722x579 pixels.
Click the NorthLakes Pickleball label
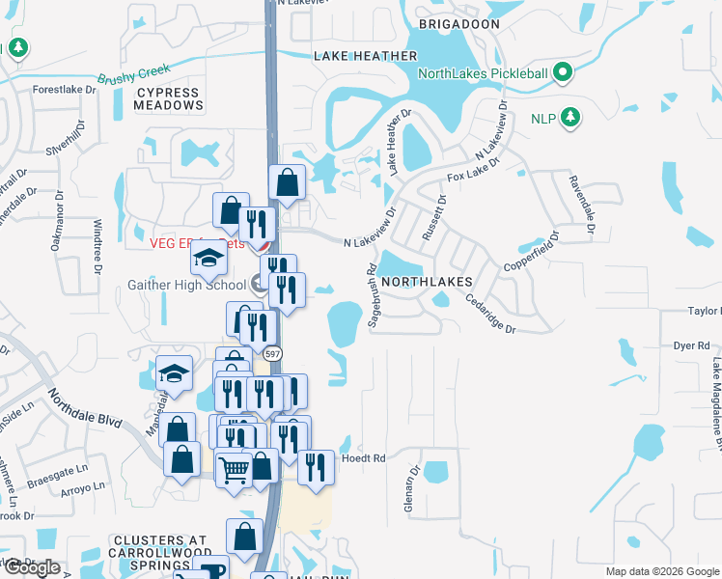(x=482, y=73)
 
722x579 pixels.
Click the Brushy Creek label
(x=133, y=74)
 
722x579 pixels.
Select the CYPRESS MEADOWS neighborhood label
(x=167, y=99)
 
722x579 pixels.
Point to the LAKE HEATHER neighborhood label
(x=365, y=57)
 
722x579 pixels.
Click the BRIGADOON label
(x=459, y=23)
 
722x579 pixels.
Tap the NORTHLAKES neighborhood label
(x=426, y=281)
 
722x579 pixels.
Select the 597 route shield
(x=274, y=353)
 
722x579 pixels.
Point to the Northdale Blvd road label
(x=86, y=409)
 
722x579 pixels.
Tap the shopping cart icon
(x=234, y=471)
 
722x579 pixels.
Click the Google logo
(x=31, y=567)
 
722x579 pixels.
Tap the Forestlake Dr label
(x=66, y=89)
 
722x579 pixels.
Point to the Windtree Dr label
(x=97, y=246)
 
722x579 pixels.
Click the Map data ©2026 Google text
(x=661, y=571)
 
